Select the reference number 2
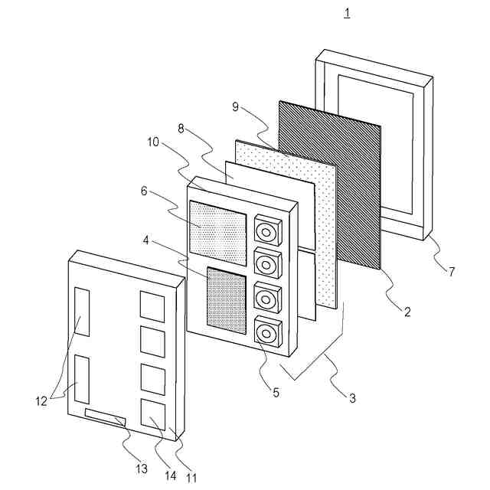[407, 311]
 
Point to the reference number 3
[352, 398]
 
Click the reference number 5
[276, 394]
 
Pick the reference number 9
[235, 106]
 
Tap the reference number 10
[152, 142]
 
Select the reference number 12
[41, 400]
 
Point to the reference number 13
[141, 469]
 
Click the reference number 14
[170, 475]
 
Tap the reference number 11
[191, 479]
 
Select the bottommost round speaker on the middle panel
[267, 333]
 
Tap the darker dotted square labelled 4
[227, 300]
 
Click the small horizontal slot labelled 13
[105, 416]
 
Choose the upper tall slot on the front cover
[82, 312]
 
